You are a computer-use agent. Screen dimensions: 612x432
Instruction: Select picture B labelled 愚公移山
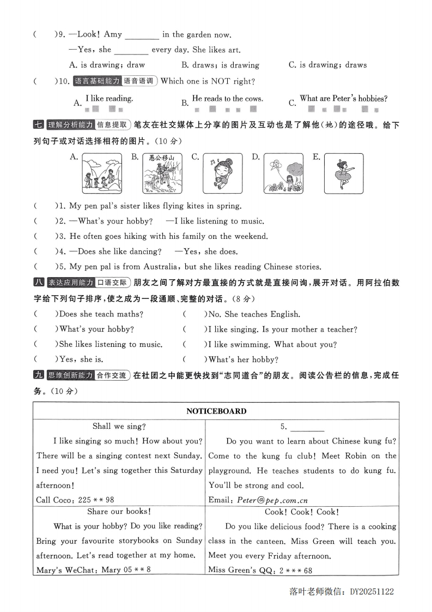click(x=162, y=173)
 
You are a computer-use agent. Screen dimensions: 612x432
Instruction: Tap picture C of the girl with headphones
click(x=223, y=173)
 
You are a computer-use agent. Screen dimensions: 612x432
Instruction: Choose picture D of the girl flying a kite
click(x=283, y=173)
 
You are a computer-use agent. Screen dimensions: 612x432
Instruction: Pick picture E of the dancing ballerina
click(x=344, y=173)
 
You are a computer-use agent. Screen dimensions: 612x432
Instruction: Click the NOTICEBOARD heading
click(x=216, y=411)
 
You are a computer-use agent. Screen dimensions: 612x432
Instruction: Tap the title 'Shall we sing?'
click(x=119, y=427)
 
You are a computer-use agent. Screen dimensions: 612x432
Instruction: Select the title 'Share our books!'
click(x=119, y=512)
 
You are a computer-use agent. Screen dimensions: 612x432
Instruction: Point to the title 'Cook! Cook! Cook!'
click(x=301, y=512)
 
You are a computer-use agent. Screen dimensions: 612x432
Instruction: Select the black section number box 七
click(x=39, y=125)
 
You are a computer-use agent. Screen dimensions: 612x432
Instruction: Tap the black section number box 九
click(x=39, y=375)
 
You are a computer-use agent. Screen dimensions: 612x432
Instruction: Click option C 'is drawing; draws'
click(x=327, y=65)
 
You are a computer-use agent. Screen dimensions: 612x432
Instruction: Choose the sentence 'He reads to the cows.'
click(x=228, y=99)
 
